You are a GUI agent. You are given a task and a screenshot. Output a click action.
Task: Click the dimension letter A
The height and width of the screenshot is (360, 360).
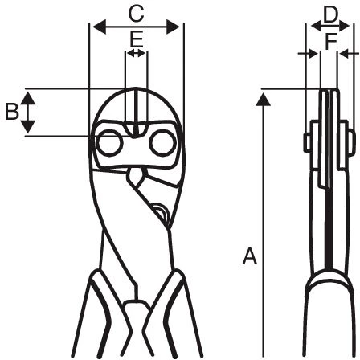(250, 256)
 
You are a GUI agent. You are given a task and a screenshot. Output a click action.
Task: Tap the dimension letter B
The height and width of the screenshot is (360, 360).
(12, 112)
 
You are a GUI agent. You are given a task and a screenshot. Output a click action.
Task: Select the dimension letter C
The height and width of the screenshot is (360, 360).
(137, 14)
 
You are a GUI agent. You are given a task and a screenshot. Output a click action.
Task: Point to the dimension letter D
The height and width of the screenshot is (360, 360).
(330, 15)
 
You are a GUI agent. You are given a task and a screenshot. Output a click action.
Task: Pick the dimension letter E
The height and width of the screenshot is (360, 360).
(137, 39)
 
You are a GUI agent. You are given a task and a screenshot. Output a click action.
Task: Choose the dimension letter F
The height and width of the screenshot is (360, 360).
(330, 42)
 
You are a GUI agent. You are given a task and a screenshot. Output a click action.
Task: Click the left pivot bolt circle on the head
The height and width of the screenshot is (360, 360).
(109, 143)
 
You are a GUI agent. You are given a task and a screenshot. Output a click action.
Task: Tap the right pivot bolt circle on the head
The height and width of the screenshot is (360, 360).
(162, 143)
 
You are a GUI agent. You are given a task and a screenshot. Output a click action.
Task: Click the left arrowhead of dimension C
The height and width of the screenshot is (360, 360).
(99, 27)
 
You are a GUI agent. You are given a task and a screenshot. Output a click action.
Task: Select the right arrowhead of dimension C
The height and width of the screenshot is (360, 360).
(173, 27)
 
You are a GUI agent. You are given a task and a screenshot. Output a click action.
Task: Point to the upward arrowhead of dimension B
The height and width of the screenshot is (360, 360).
(28, 98)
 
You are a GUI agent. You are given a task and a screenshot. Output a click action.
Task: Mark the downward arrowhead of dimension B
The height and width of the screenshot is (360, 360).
(28, 127)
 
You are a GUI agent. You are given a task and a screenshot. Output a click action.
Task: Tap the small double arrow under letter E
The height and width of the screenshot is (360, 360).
(136, 53)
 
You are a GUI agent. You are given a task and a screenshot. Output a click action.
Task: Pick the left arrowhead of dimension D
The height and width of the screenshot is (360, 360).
(317, 27)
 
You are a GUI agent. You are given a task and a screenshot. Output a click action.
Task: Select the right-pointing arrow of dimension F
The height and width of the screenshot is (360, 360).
(308, 54)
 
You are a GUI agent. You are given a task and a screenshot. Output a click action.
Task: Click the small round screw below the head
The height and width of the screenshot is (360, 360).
(160, 213)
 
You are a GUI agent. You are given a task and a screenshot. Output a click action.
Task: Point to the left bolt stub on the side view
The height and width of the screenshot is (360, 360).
(307, 142)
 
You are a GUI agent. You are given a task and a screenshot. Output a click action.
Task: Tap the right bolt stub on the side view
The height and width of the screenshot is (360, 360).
(351, 139)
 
